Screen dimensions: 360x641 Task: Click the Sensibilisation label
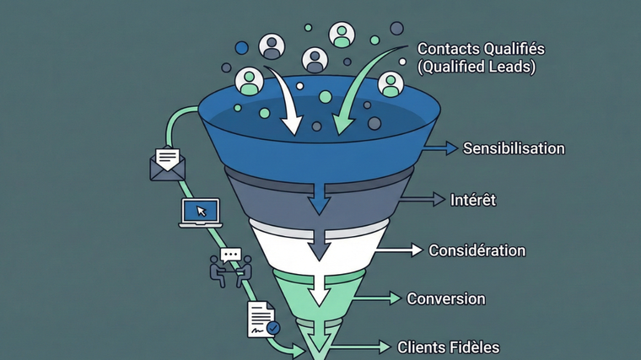[514, 148]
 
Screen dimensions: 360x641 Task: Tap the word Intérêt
[474, 200]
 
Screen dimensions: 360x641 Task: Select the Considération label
[477, 250]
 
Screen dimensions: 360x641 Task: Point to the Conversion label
[446, 298]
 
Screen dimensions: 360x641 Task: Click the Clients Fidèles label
[448, 347]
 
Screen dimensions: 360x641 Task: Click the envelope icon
[167, 163]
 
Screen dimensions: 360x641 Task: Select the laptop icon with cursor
[201, 212]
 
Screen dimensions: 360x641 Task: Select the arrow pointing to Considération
[401, 250]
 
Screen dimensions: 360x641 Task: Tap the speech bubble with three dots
[230, 254]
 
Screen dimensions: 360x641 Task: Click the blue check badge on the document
[272, 328]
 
